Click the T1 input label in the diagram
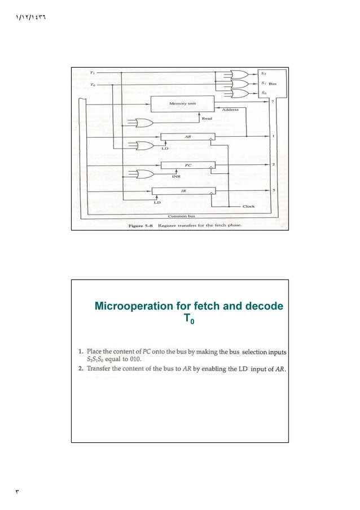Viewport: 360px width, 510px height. (93, 72)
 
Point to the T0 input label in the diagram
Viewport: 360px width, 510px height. (93, 85)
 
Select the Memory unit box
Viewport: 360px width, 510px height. (183, 104)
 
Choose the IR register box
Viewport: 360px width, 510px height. (183, 191)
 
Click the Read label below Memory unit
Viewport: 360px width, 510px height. (208, 119)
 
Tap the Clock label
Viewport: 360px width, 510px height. (249, 206)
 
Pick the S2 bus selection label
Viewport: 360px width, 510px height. (264, 73)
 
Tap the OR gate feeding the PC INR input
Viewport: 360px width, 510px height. (144, 173)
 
